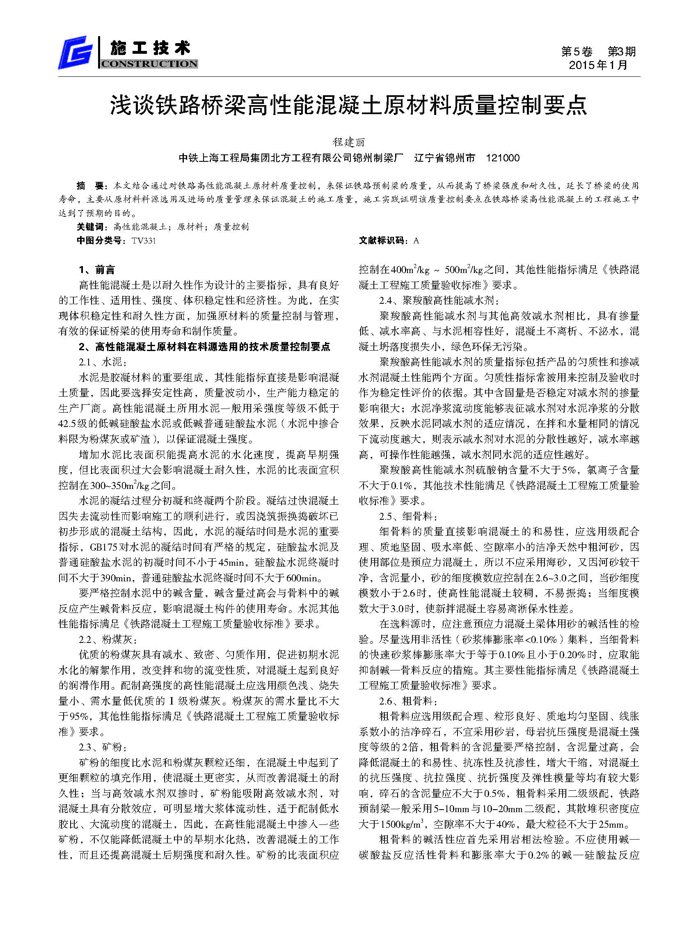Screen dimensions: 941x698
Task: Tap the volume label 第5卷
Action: coord(576,52)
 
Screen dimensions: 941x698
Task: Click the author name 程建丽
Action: coord(348,142)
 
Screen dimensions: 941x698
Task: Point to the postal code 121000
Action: coord(502,158)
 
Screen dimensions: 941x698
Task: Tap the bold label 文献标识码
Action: coord(383,241)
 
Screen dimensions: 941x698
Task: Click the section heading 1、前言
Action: coord(97,270)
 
